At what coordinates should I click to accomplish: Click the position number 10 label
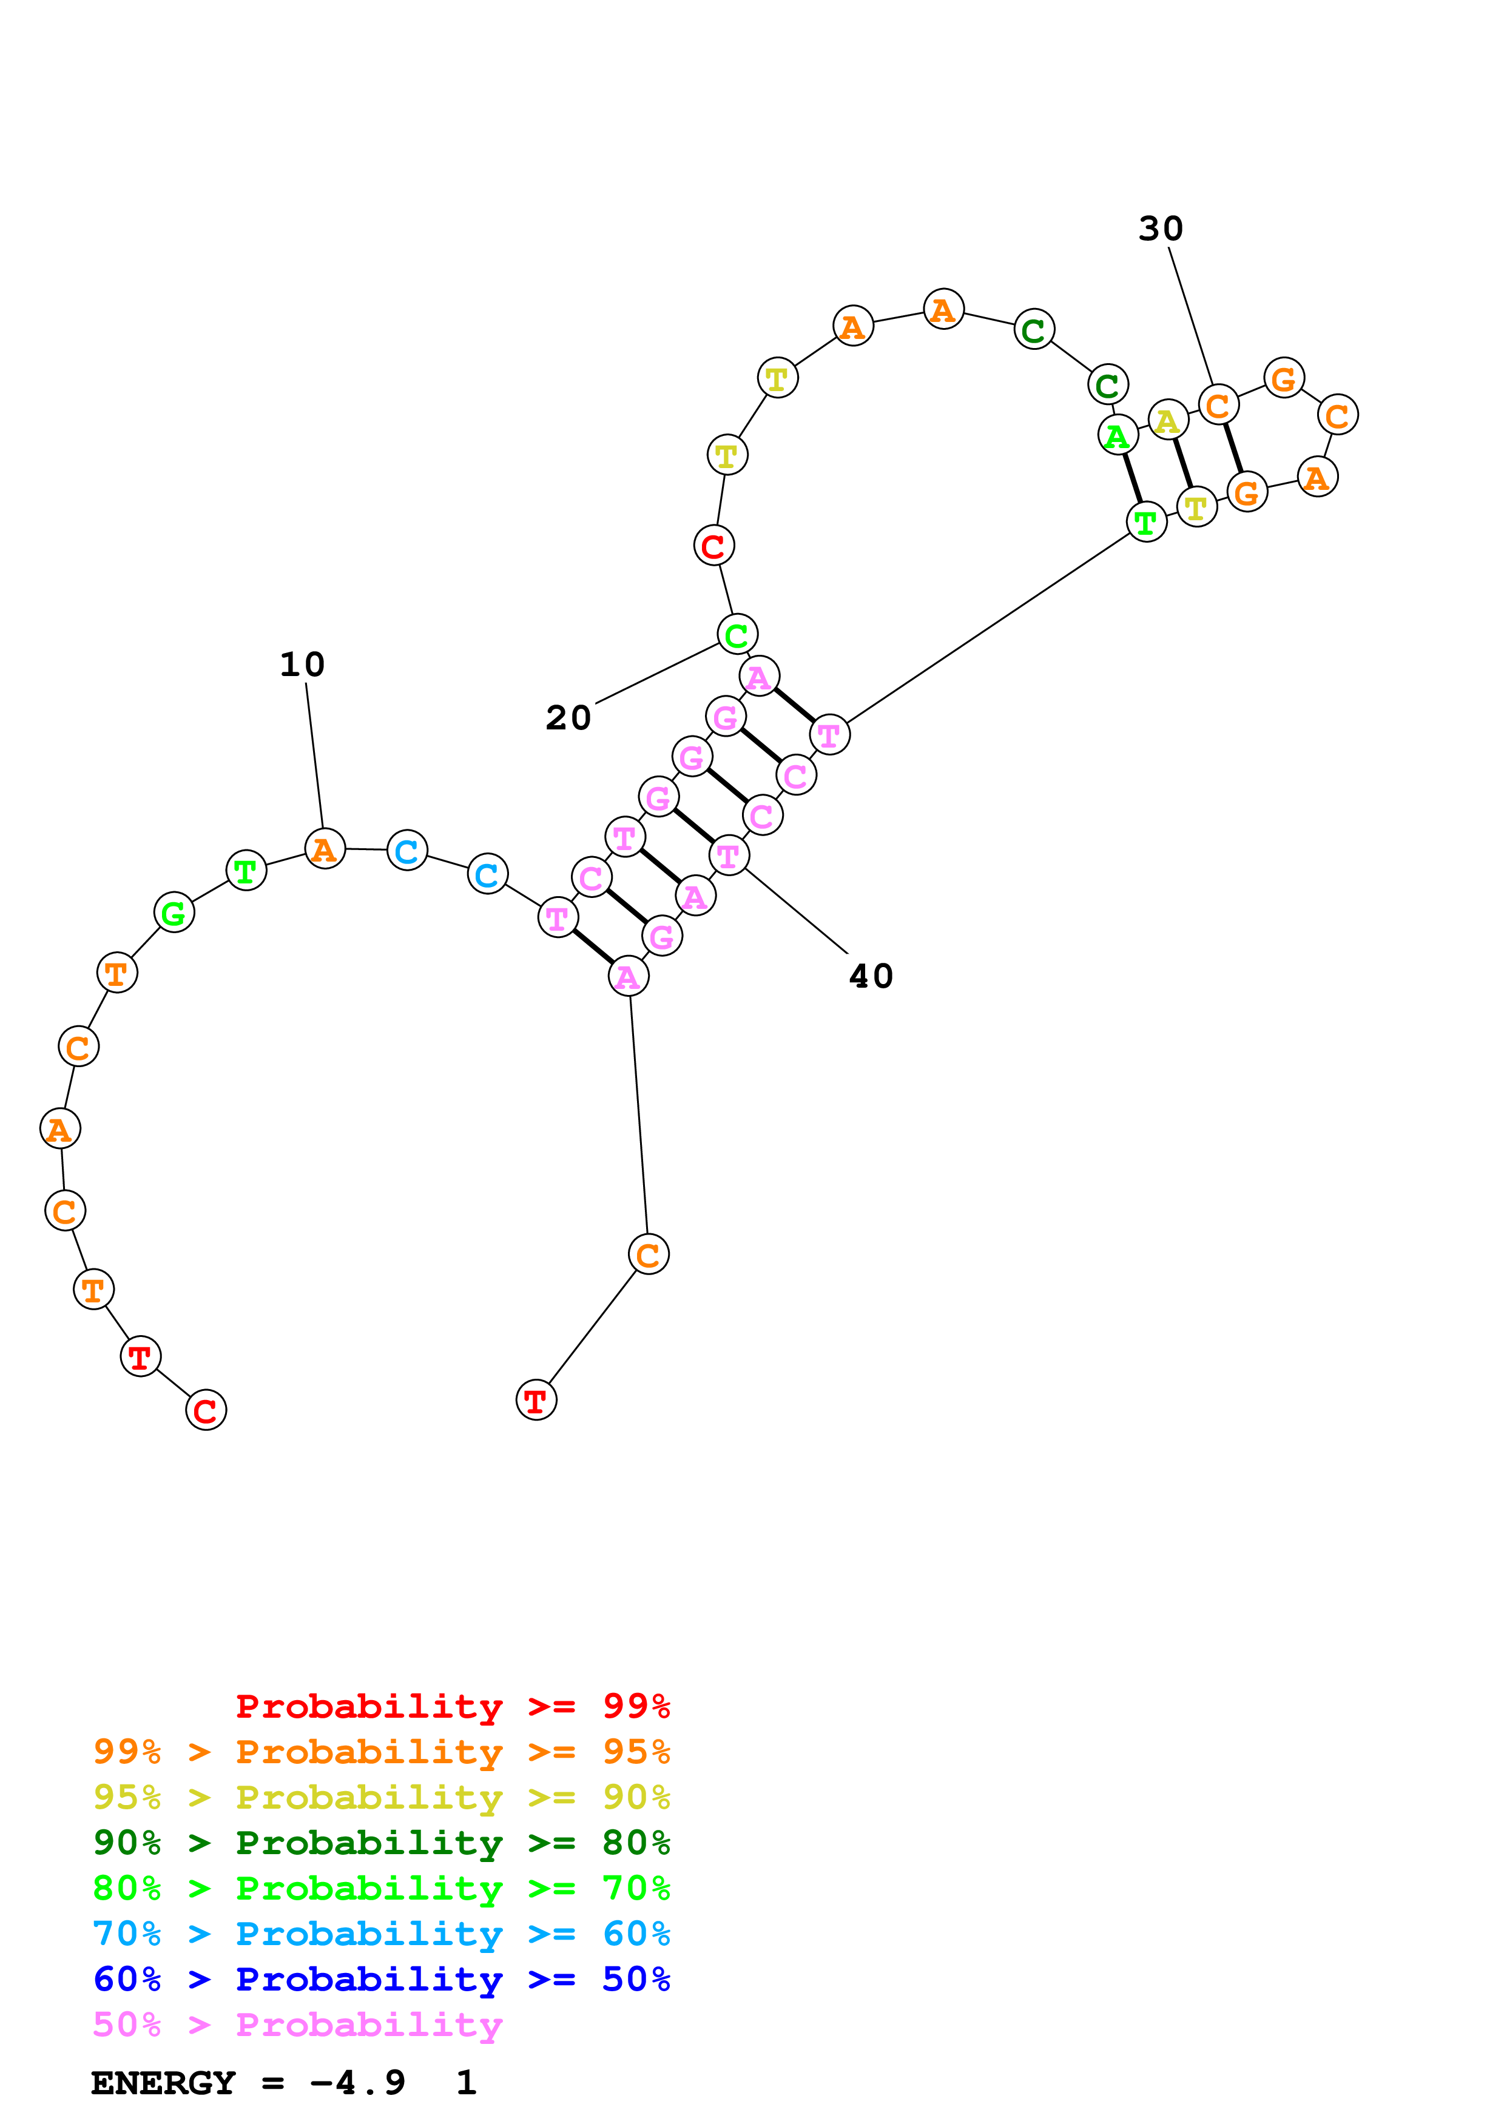coord(302,664)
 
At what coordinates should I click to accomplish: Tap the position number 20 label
coord(568,718)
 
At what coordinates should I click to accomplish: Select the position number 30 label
coord(1160,229)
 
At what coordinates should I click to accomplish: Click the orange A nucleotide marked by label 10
coord(325,849)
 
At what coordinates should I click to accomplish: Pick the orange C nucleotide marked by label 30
coord(1219,405)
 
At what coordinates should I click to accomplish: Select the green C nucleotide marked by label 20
coord(738,635)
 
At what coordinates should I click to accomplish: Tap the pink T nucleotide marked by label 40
coord(729,856)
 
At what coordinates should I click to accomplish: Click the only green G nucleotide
coord(174,913)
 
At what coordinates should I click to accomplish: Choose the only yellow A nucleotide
coord(1168,421)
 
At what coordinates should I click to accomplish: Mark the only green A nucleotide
coord(1118,435)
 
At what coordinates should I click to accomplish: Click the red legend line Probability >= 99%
coord(452,1706)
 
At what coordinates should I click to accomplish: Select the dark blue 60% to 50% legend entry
coord(381,1979)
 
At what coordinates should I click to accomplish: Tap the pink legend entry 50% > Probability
coord(297,2024)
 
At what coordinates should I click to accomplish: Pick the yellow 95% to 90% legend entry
coord(381,1797)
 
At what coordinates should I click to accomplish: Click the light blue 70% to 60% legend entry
coord(381,1934)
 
